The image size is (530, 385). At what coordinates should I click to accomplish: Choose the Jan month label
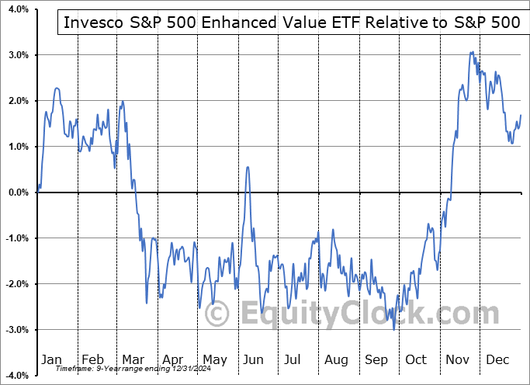52,360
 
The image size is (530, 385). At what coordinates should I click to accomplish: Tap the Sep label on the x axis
377,360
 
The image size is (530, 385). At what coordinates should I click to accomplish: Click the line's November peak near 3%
471,52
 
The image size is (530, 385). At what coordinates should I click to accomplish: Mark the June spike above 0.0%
248,167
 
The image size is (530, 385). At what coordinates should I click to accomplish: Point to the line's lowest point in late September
394,329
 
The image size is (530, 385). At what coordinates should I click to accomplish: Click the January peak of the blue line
57,88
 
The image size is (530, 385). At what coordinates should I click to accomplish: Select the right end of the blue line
521,115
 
